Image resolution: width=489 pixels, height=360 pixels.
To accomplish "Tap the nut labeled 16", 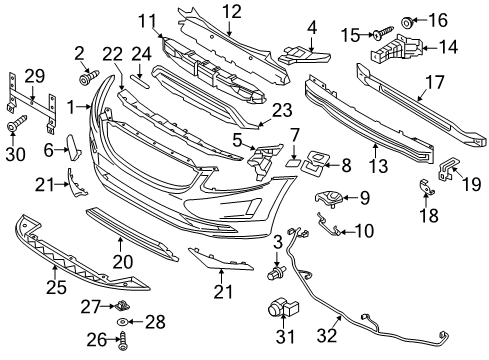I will point(409,20).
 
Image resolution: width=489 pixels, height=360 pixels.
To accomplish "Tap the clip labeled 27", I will point(122,302).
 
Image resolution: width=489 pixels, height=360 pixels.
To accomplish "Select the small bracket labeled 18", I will point(424,188).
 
